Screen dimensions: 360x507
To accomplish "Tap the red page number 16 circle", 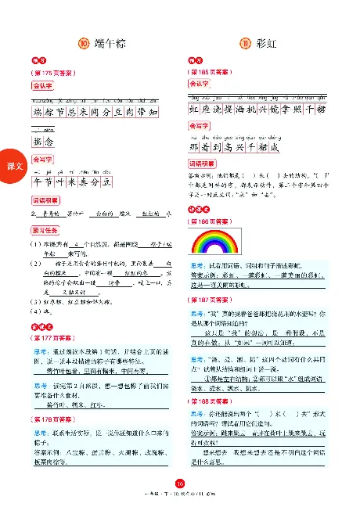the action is [179, 483].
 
